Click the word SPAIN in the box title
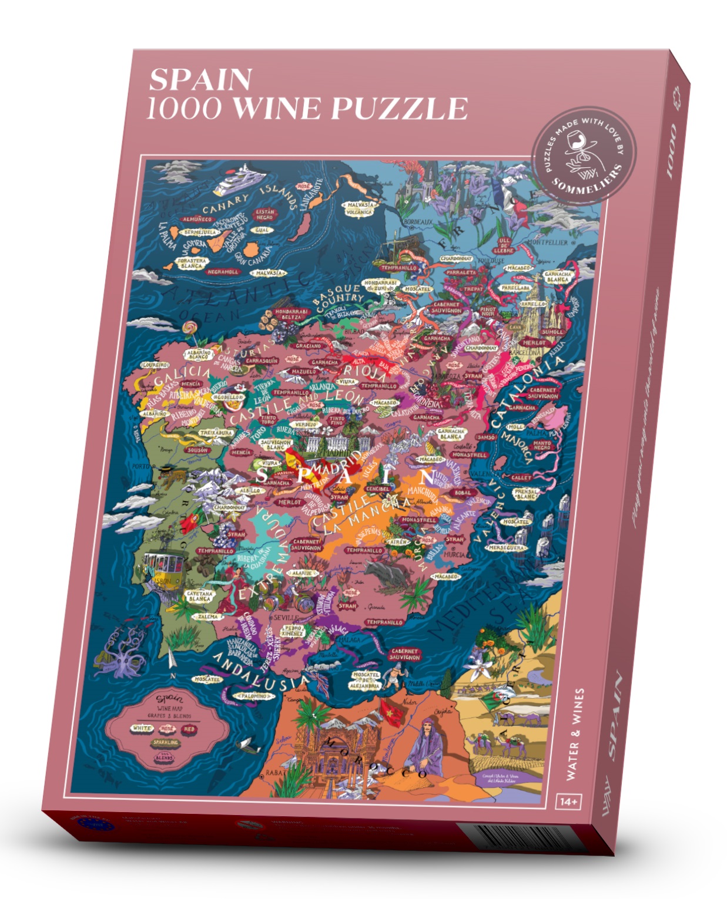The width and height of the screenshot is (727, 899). [200, 80]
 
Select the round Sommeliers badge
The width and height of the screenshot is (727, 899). [578, 154]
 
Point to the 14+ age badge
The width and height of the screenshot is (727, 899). [569, 801]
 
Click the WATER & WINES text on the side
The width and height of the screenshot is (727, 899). [574, 734]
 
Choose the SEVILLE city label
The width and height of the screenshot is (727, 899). [286, 618]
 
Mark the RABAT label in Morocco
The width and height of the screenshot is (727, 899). [276, 773]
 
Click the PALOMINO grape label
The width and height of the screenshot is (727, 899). [254, 696]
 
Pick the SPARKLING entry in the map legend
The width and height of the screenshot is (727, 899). [166, 743]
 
